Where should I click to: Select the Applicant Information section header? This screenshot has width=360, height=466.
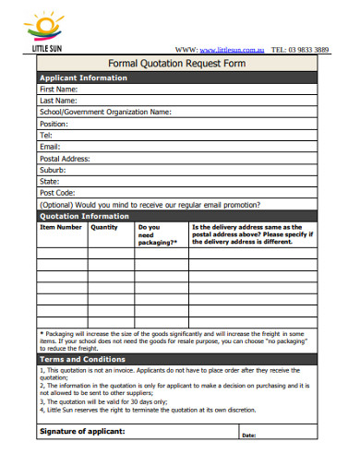click(83, 78)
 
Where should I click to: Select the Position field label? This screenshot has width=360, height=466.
click(54, 124)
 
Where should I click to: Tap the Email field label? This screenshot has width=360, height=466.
click(50, 147)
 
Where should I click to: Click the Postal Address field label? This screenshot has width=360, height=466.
click(64, 158)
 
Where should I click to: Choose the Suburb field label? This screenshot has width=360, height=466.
click(53, 170)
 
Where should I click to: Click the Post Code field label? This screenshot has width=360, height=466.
click(56, 193)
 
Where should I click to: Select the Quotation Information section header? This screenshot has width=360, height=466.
click(84, 216)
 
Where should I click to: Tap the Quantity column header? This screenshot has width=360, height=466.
click(104, 227)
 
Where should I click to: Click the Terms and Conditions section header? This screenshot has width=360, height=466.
click(82, 359)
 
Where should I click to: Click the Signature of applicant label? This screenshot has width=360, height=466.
click(82, 431)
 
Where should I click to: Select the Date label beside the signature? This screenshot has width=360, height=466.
click(249, 435)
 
